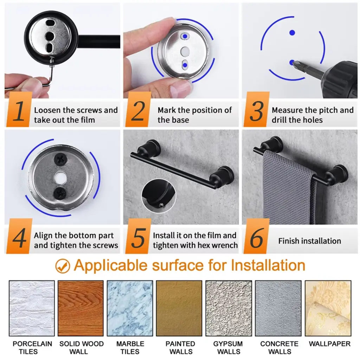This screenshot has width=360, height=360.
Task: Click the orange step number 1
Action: pyautogui.click(x=19, y=111)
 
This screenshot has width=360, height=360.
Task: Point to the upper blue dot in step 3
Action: pyautogui.click(x=292, y=33)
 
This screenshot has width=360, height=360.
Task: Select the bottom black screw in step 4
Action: pyautogui.click(x=60, y=193)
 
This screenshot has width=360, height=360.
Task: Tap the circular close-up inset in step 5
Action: pyautogui.click(x=159, y=196)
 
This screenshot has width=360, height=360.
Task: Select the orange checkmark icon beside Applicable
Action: pyautogui.click(x=63, y=266)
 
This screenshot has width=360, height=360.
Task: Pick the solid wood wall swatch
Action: pyautogui.click(x=81, y=308)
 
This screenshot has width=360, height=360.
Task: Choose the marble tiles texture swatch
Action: pyautogui.click(x=130, y=308)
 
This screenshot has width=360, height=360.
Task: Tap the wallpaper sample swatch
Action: pyautogui.click(x=328, y=308)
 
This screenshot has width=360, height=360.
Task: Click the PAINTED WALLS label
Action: pyautogui.click(x=180, y=348)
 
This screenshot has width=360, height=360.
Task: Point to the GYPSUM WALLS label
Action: pyautogui.click(x=228, y=348)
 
